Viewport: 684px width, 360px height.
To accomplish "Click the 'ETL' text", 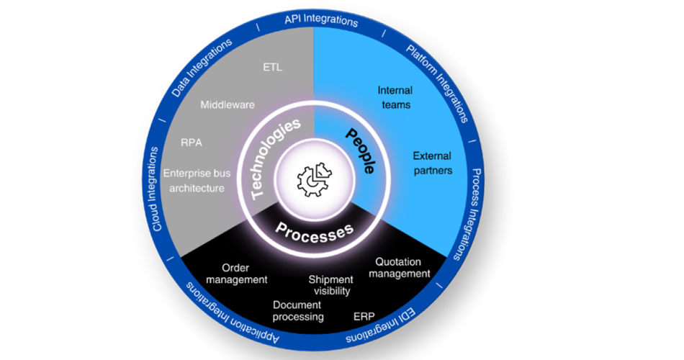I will pos(273,68).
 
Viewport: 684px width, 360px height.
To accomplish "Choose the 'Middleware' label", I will pos(228,105).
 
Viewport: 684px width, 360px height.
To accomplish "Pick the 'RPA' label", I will pos(192,143).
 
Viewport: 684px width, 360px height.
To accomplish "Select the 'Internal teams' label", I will pos(395,97).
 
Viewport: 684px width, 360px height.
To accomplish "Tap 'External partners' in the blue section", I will pos(432,163).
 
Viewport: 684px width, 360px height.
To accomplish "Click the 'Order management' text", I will pos(235,274).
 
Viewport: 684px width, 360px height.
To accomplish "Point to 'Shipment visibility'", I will pos(331,285).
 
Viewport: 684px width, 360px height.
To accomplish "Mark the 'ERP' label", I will pos(364,316).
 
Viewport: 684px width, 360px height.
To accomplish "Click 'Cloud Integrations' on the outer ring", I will pos(156,189).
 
